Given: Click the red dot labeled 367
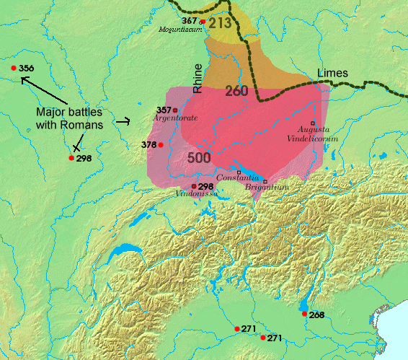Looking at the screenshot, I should tap(203, 22).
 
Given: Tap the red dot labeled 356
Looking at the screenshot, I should tap(14, 69).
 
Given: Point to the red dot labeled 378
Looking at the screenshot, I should tap(161, 145).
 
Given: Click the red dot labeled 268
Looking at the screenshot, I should tap(303, 314).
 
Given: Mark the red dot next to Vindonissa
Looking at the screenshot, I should tap(193, 186).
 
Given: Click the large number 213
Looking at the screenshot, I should tap(221, 23).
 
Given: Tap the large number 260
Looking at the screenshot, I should tap(237, 91).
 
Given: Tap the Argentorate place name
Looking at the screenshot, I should tap(175, 118).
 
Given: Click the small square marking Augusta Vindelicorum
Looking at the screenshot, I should tap(313, 123).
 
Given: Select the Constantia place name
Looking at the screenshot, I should tap(237, 178).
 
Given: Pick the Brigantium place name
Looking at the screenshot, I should tap(265, 187).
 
